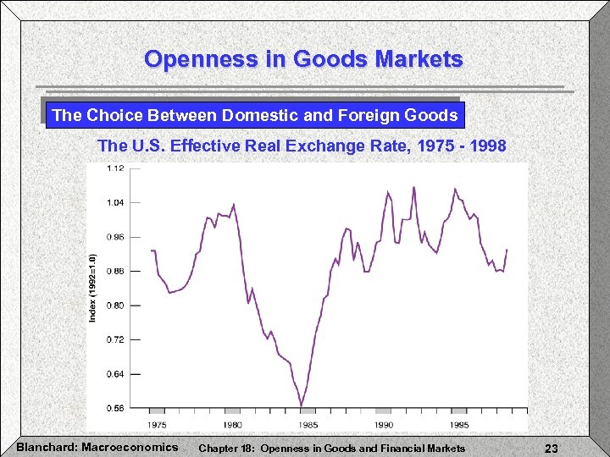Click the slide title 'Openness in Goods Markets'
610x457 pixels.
point(303,59)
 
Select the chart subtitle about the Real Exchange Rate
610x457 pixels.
point(302,146)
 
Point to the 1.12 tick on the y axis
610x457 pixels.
point(115,168)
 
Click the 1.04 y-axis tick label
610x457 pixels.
point(115,202)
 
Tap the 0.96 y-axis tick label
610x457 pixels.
point(115,237)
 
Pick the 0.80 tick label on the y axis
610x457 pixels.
point(115,305)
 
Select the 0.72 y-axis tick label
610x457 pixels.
point(115,339)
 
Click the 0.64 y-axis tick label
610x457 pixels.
point(115,373)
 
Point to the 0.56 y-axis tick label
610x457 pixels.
point(115,407)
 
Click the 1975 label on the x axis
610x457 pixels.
point(157,424)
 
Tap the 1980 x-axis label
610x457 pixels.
point(232,424)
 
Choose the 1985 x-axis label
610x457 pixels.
point(308,424)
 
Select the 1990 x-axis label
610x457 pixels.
point(384,424)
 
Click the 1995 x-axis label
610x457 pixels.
point(459,424)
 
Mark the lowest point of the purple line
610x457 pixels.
point(302,405)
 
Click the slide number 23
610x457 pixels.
point(552,449)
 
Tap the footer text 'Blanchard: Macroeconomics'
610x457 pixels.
point(97,447)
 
